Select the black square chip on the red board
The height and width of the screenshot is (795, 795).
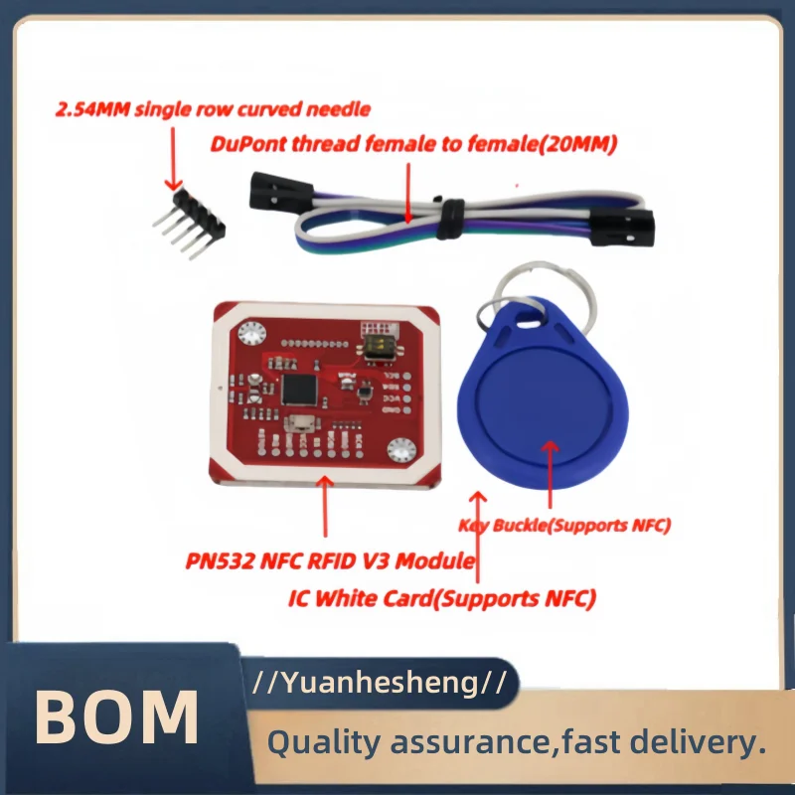299,390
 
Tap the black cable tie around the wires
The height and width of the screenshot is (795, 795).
450,218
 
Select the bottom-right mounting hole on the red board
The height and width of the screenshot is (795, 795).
401,450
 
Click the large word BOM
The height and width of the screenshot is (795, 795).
117,717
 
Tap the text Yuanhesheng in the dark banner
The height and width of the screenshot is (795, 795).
380,683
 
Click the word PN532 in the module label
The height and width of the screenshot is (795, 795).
220,561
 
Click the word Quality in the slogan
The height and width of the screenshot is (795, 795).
323,742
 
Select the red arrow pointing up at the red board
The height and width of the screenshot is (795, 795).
325,506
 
